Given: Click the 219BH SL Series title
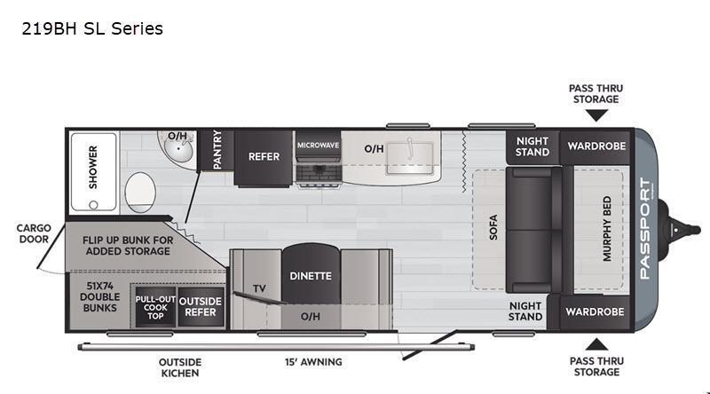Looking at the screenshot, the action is [x=92, y=28].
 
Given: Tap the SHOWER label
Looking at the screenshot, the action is [x=93, y=167].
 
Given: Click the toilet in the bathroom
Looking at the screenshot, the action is [x=140, y=193].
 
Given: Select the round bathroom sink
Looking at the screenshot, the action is [x=178, y=147].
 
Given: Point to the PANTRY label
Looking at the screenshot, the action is [x=217, y=149].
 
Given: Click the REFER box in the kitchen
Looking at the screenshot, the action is [x=264, y=158].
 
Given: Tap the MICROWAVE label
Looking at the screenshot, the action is [x=318, y=146].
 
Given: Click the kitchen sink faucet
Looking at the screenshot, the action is [x=410, y=148].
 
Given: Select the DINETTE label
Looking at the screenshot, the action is [x=311, y=276].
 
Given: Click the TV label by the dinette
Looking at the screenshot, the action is [x=259, y=288].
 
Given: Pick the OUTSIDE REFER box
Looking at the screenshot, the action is [x=201, y=307].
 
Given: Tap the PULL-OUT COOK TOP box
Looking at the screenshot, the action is [x=155, y=307].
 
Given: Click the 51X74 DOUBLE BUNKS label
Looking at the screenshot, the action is [x=100, y=297].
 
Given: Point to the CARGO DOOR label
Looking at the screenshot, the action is [x=34, y=233].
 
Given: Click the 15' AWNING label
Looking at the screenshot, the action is [x=313, y=362].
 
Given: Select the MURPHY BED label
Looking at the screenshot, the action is [x=607, y=229].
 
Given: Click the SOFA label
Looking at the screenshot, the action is [x=493, y=227].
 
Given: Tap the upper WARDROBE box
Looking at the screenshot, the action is [x=596, y=146].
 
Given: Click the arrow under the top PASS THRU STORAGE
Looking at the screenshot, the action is [x=596, y=116].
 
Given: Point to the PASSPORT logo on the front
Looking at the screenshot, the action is [x=645, y=229].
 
